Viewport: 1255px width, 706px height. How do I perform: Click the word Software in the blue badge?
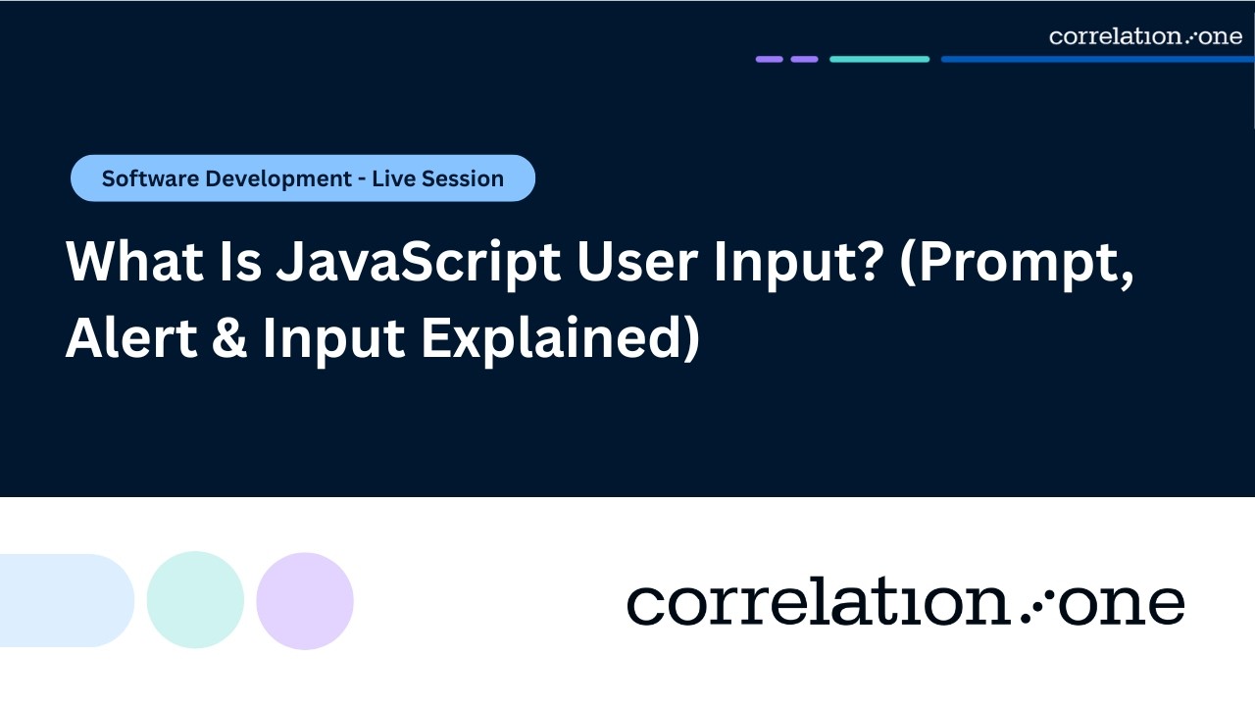pyautogui.click(x=145, y=178)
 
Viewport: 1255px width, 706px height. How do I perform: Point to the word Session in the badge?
pyautogui.click(x=464, y=178)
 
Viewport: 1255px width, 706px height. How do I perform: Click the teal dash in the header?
pyautogui.click(x=879, y=59)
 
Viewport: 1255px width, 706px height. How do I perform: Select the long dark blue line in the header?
pyautogui.click(x=1097, y=59)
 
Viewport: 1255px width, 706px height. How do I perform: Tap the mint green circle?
pyautogui.click(x=195, y=600)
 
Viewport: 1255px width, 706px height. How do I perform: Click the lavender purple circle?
pyautogui.click(x=305, y=600)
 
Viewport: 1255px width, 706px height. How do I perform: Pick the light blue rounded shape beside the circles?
pyautogui.click(x=64, y=600)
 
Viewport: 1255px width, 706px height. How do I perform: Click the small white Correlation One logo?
pyautogui.click(x=1145, y=36)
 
